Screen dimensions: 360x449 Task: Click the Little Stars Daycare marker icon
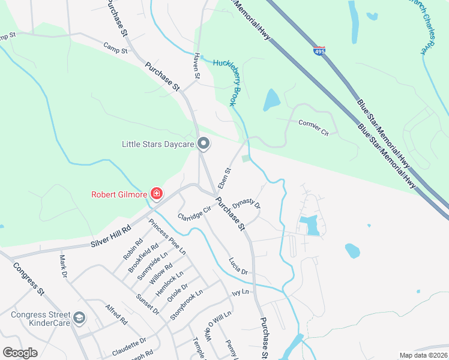pyautogui.click(x=203, y=143)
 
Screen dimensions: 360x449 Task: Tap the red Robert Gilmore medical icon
pyautogui.click(x=157, y=194)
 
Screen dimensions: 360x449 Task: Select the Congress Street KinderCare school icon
pyautogui.click(x=79, y=317)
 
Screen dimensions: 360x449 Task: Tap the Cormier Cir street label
pyautogui.click(x=314, y=127)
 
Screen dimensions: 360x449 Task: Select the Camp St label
pyautogui.click(x=115, y=47)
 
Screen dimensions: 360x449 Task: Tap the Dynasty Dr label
pyautogui.click(x=247, y=204)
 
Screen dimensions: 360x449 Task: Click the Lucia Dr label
pyautogui.click(x=238, y=266)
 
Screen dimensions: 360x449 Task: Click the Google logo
pyautogui.click(x=20, y=353)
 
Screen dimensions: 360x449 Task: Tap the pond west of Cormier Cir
pyautogui.click(x=271, y=100)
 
